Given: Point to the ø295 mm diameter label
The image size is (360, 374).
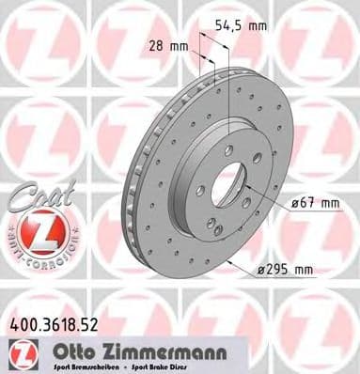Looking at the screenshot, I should (286, 271).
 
